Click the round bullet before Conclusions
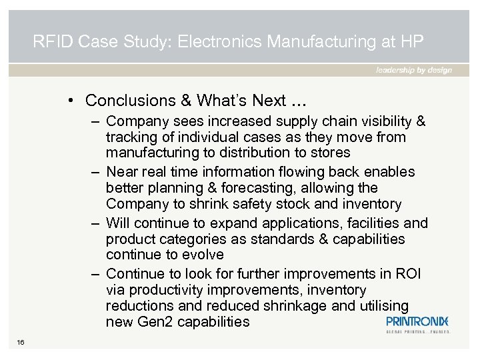coord(70,101)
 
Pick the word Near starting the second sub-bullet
coord(121,172)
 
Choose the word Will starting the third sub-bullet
coord(118,223)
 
